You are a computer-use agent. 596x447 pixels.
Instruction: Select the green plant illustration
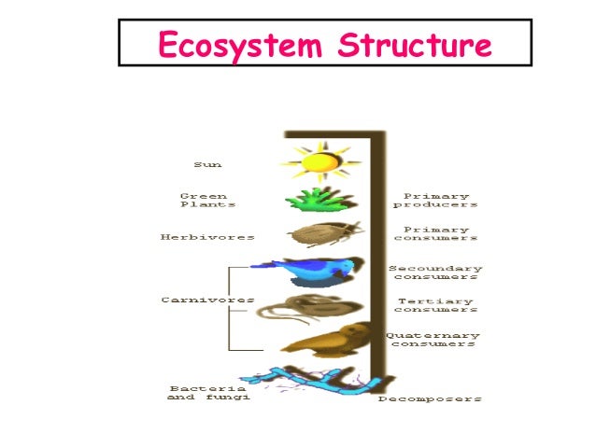click(320, 199)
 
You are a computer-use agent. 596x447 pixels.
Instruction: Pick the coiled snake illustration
click(320, 307)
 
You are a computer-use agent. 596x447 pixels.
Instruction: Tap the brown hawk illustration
click(322, 341)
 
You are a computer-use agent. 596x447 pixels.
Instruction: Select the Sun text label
click(207, 164)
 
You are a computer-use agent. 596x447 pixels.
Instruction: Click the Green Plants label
click(207, 200)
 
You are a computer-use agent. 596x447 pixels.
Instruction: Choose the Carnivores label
click(193, 300)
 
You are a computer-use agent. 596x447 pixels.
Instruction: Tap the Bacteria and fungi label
click(207, 392)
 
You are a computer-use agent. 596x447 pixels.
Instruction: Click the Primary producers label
click(436, 200)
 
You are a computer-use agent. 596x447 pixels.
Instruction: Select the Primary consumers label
click(436, 233)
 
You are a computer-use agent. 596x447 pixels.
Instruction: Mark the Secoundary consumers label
click(436, 272)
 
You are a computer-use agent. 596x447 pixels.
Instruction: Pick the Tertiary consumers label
click(436, 305)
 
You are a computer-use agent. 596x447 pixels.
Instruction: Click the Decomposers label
click(431, 398)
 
